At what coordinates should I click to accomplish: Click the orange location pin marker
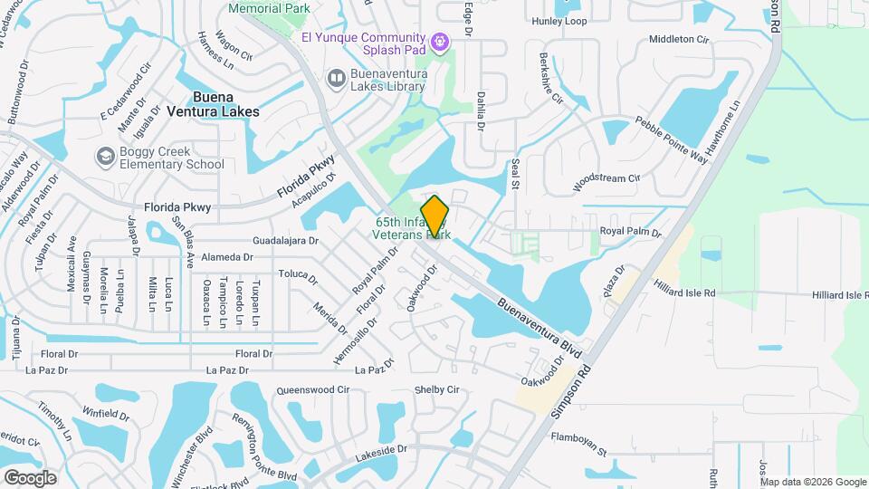coord(435,216)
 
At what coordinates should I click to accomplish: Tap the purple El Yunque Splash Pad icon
coord(441,40)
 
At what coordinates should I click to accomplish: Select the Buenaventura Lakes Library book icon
coord(336,80)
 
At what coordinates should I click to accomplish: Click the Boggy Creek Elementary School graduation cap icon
coord(106,158)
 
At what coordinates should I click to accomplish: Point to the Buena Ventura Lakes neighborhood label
coord(213,104)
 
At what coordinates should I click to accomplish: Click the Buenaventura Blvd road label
coord(538,321)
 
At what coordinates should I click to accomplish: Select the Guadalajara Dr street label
coord(286,241)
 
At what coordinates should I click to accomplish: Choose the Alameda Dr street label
coord(225,257)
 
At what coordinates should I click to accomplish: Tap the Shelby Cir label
coord(437,389)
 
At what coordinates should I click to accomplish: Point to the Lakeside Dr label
coord(382,449)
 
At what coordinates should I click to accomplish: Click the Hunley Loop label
coord(559,21)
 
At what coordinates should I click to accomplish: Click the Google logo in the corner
coord(30,477)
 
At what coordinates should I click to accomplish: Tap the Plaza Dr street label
coord(615,281)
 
